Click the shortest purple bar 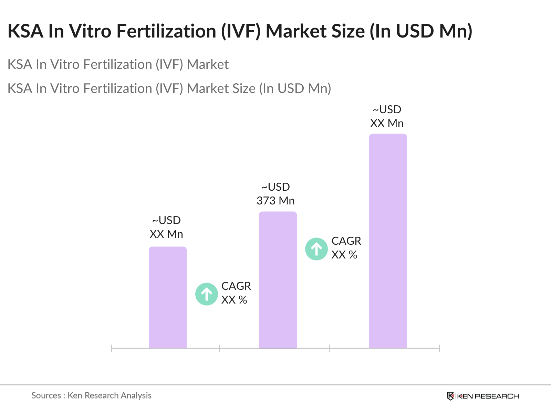click(167, 297)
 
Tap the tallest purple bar click(388, 241)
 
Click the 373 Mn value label click(275, 201)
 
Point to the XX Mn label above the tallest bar click(387, 123)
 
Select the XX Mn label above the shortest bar click(166, 234)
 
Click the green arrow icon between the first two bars click(207, 294)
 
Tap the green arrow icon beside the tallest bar click(316, 249)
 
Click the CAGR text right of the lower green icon click(236, 286)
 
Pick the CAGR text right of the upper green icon click(346, 241)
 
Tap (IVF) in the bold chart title click(241, 31)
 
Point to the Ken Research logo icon click(450, 396)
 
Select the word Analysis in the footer click(136, 395)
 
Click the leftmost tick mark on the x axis click(112, 348)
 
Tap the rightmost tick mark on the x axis click(439, 348)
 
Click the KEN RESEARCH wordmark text click(488, 396)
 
